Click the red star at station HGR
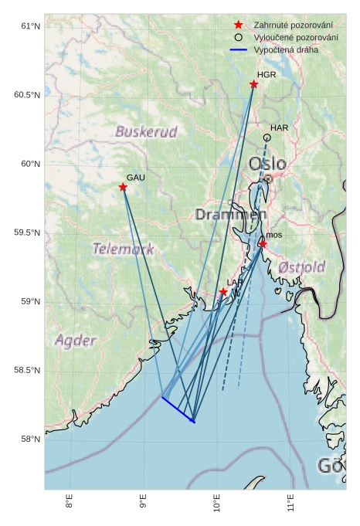pyautogui.click(x=253, y=84)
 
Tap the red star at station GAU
pyautogui.click(x=123, y=187)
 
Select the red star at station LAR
pyautogui.click(x=223, y=292)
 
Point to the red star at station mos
pyautogui.click(x=263, y=244)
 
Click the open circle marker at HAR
pyautogui.click(x=267, y=137)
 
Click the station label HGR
pyautogui.click(x=267, y=75)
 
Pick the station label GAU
pyautogui.click(x=136, y=178)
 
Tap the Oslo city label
pyautogui.click(x=267, y=164)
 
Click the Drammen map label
pyautogui.click(x=230, y=214)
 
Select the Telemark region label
pyautogui.click(x=123, y=249)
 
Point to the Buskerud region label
pyautogui.click(x=146, y=131)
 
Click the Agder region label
pyautogui.click(x=76, y=341)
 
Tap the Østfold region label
pyautogui.click(x=301, y=266)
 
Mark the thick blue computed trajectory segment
pyautogui.click(x=178, y=410)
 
